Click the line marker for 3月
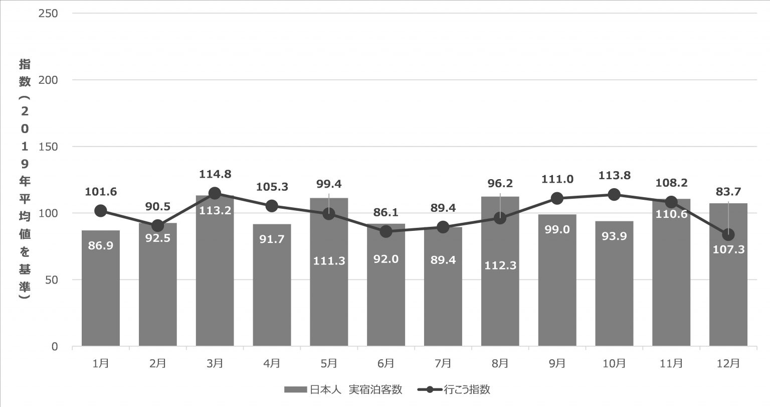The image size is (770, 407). [x=215, y=193]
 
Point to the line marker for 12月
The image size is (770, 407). [x=728, y=234]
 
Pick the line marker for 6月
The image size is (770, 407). [x=386, y=231]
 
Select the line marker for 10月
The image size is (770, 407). [x=614, y=195]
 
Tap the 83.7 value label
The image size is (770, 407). [x=728, y=191]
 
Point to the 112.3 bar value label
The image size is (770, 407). [x=500, y=266]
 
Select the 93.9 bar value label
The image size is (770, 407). [x=614, y=236]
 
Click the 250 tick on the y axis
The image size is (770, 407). [x=48, y=13]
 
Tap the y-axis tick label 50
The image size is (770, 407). [x=51, y=280]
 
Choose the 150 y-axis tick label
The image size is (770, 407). [x=48, y=147]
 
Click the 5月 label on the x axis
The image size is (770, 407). [x=329, y=363]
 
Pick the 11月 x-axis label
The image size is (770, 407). [x=671, y=363]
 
